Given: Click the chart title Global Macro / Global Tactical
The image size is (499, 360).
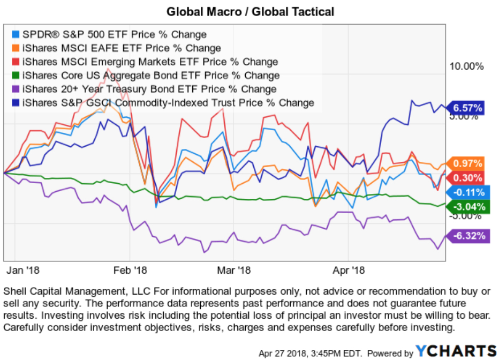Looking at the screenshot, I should tap(249, 11).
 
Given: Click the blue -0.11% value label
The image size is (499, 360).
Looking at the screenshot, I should tap(468, 192).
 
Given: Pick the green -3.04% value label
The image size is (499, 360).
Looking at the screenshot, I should tap(468, 207).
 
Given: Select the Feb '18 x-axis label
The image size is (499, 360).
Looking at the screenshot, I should tap(130, 269).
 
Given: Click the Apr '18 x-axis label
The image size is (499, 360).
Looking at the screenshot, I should tap(349, 269).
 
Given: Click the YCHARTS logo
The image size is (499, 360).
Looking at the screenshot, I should tap(456, 351).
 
